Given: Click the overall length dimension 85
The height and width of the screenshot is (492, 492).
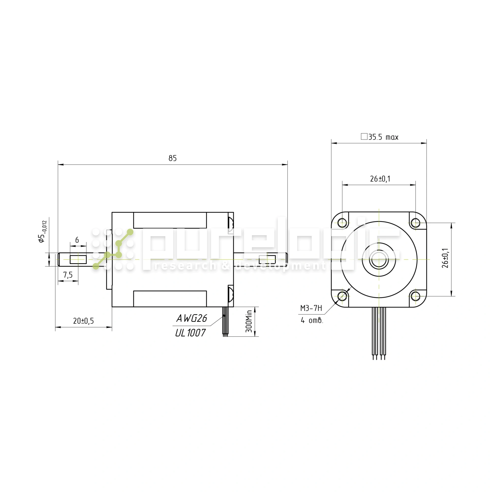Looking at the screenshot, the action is click(x=172, y=158).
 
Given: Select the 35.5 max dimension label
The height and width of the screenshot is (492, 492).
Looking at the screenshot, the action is click(x=379, y=137).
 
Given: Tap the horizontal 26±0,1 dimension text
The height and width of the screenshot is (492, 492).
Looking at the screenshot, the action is click(x=380, y=179).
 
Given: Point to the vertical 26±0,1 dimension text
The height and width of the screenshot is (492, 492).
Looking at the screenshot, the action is click(x=445, y=258).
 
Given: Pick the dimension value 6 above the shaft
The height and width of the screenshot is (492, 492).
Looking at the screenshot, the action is click(x=77, y=240).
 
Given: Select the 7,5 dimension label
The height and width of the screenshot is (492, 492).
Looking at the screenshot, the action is click(x=68, y=275).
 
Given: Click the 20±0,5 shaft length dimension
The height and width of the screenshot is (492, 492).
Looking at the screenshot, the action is click(x=84, y=321).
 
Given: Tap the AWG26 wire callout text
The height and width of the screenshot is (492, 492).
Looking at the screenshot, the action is click(x=192, y=318).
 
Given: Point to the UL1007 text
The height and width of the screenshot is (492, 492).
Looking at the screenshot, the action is click(x=190, y=333).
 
